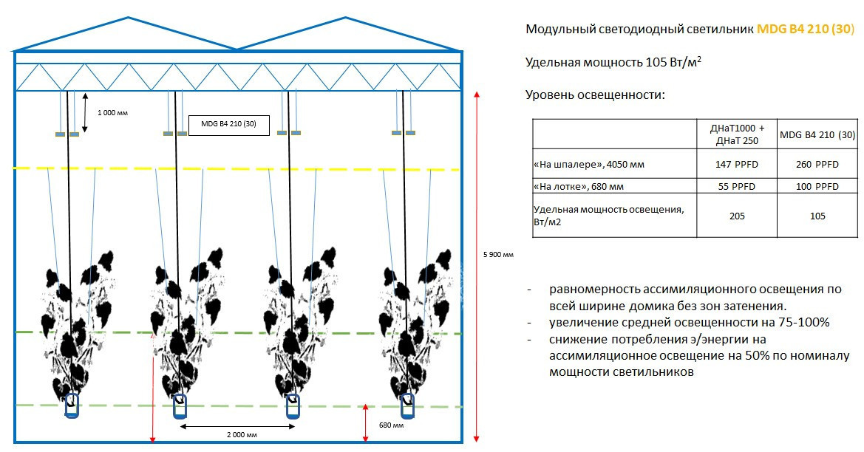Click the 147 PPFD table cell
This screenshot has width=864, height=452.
tap(738, 164)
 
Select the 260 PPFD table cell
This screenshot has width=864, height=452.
tap(817, 164)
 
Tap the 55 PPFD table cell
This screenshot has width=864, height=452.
tap(738, 186)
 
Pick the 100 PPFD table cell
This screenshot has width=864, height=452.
tap(817, 186)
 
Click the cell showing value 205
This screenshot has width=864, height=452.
tap(738, 216)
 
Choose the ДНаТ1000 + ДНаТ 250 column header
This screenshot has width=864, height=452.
tap(738, 134)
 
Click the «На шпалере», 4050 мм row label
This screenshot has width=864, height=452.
tap(589, 164)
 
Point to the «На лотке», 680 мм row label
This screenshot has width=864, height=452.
tap(579, 187)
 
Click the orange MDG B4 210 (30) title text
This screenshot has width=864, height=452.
tap(806, 30)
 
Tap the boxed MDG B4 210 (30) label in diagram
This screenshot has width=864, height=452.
tap(228, 125)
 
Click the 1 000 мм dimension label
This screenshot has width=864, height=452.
tap(112, 113)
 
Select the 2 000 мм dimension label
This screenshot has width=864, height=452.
tap(242, 435)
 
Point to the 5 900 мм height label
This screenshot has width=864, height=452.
tap(498, 254)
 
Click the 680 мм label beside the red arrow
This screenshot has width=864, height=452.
tap(391, 425)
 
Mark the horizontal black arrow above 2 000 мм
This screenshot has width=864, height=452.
tap(237, 425)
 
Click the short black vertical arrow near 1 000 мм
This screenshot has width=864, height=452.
tap(85, 112)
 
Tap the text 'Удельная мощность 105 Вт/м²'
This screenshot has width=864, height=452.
tap(613, 61)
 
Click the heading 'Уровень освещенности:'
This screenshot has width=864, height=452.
tap(595, 95)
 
